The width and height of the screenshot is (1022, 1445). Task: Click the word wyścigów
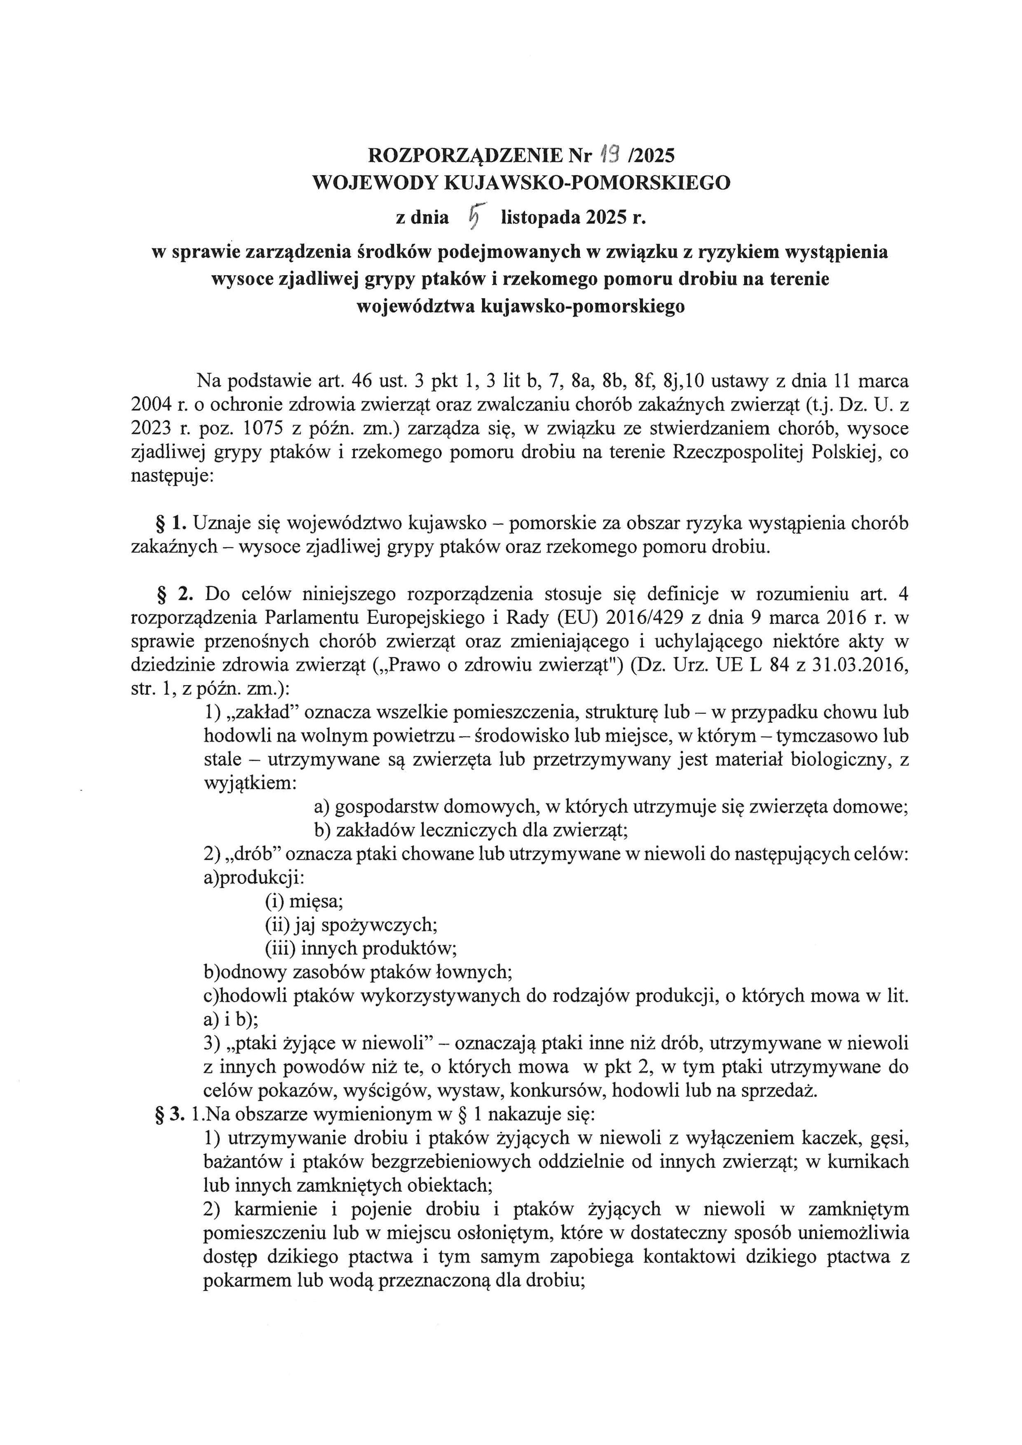396,1091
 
